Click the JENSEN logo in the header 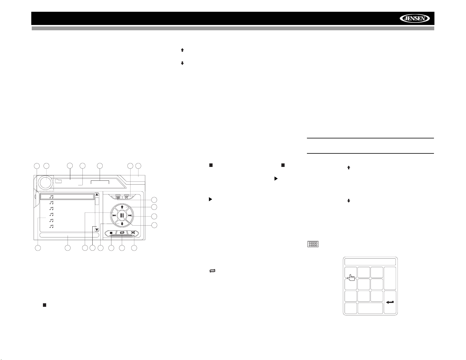click(414, 19)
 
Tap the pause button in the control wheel click(122, 215)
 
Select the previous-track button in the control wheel click(114, 215)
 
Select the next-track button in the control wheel click(130, 215)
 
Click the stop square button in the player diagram click(111, 233)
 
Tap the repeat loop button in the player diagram click(122, 233)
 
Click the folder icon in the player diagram click(58, 181)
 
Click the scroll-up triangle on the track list click(97, 195)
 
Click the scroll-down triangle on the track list click(97, 230)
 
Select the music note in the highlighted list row click(51, 197)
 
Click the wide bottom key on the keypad click(370, 308)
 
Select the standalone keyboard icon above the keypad click(313, 244)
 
